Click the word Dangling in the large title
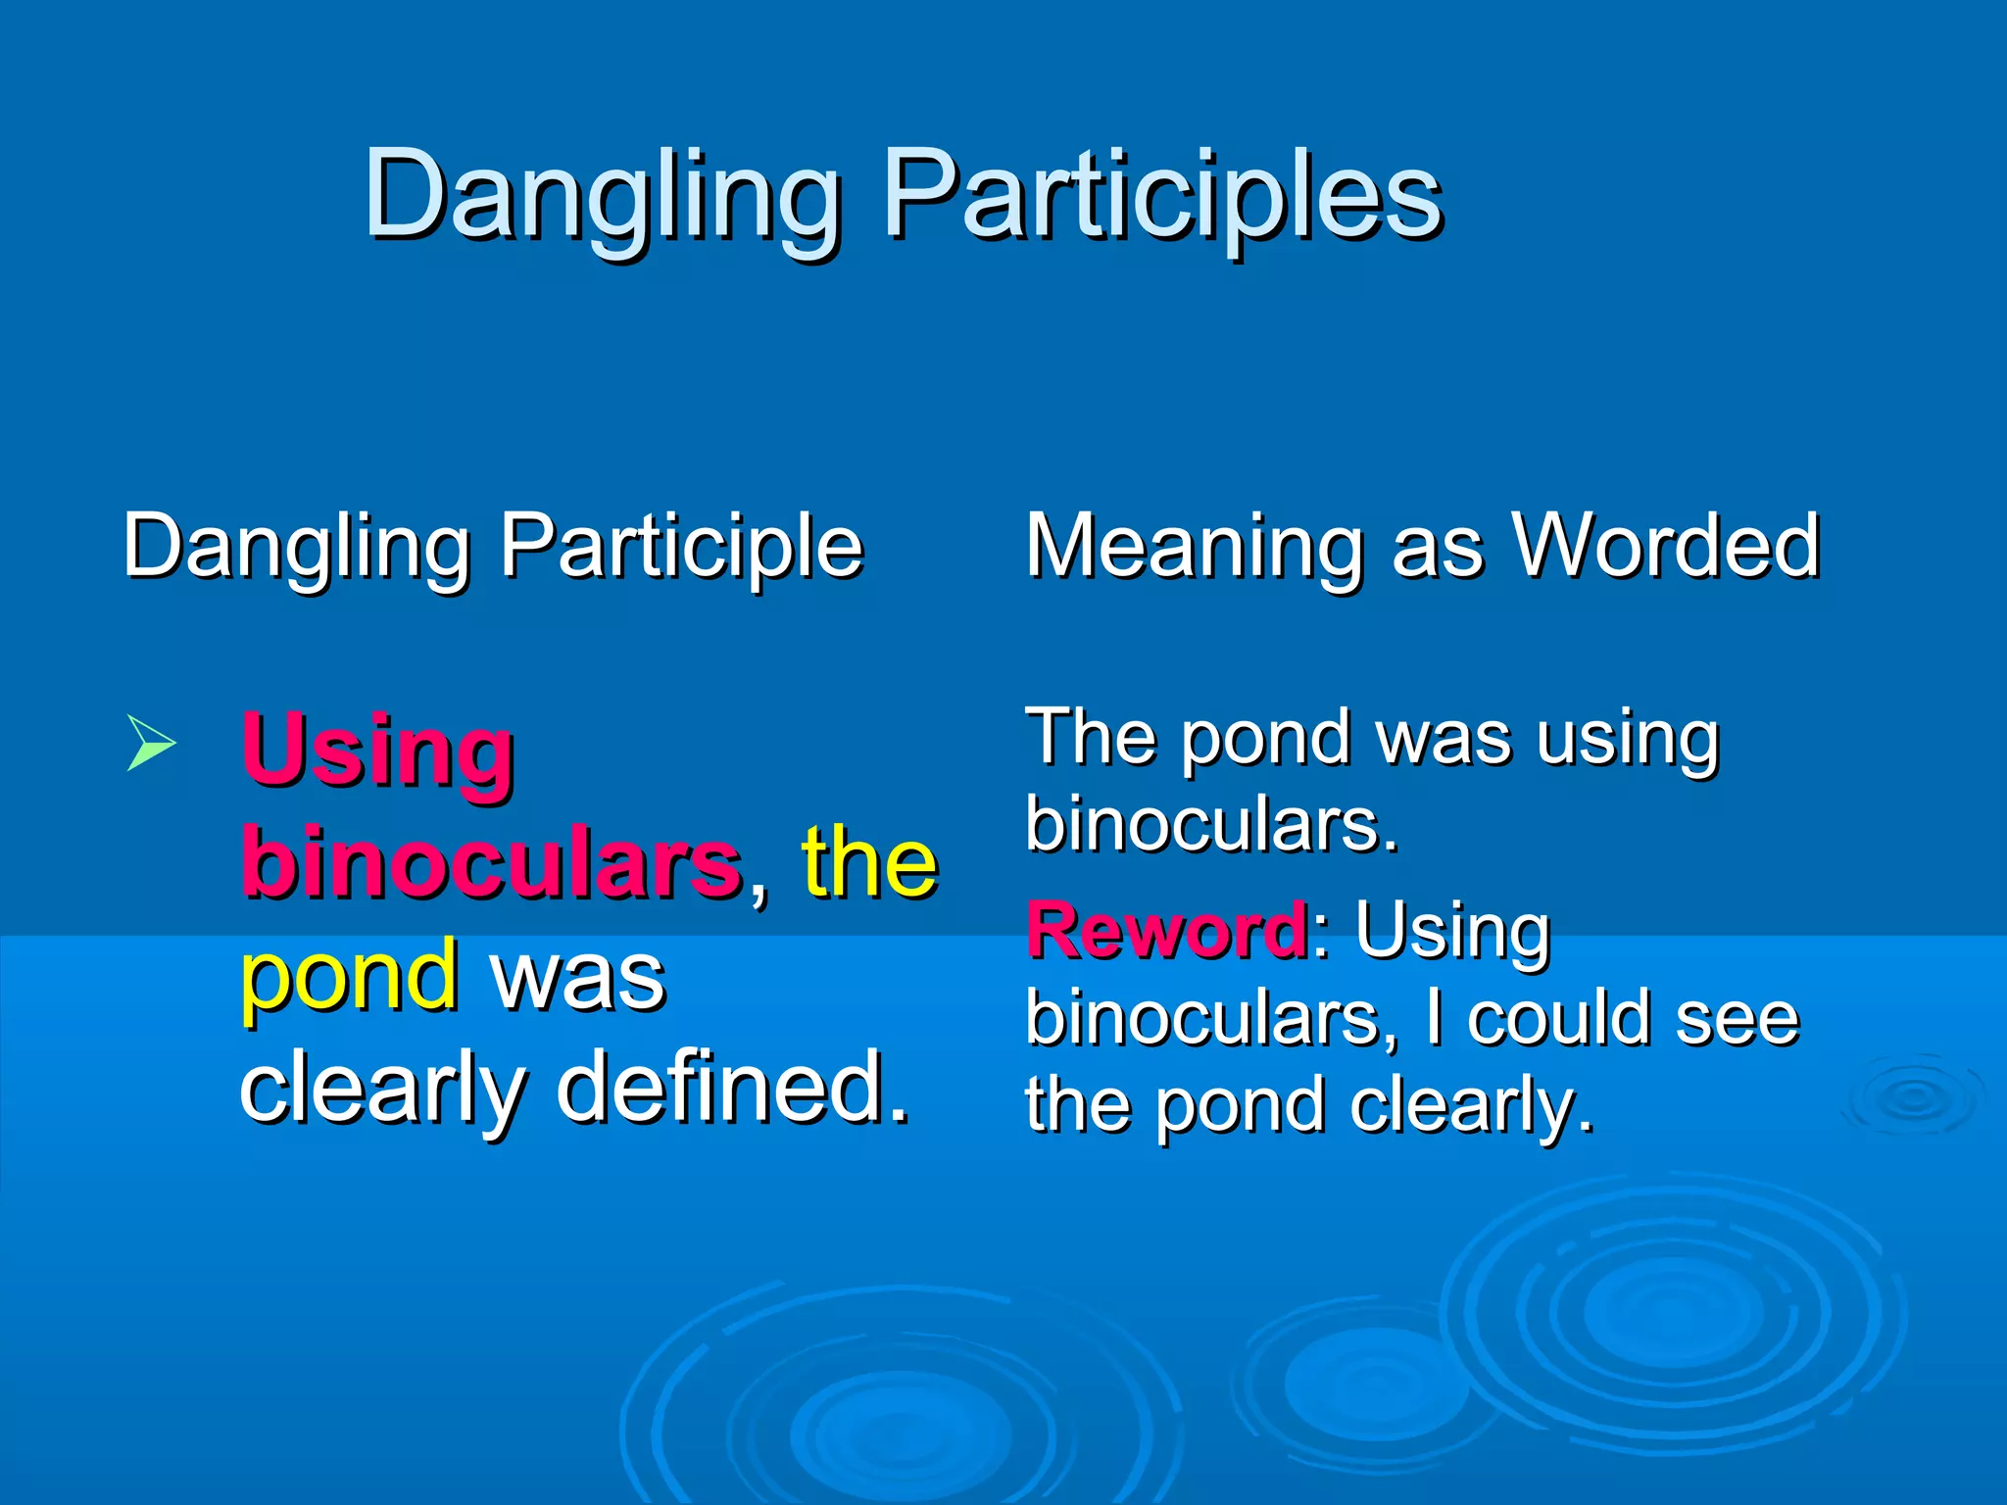point(601,196)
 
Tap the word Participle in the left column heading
point(681,547)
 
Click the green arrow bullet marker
point(151,744)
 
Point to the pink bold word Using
point(377,752)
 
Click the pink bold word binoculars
point(491,863)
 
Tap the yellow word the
point(869,863)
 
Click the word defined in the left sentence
point(733,1088)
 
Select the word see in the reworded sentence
point(1737,1018)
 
